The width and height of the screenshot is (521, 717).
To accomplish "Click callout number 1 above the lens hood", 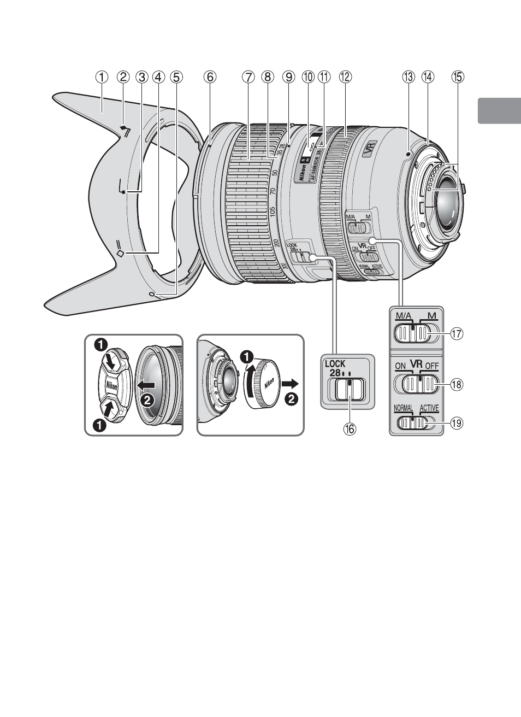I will [102, 78].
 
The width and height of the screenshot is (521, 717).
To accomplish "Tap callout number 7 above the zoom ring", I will [248, 78].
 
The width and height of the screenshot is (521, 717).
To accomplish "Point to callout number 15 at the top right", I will [457, 78].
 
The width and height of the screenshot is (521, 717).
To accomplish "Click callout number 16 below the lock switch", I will [349, 429].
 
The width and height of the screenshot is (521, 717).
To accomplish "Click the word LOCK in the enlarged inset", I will [336, 363].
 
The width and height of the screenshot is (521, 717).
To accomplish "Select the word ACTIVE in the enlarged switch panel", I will [429, 408].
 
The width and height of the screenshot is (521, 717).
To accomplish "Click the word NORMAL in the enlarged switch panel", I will [403, 408].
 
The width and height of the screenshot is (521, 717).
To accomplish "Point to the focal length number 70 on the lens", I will [273, 192].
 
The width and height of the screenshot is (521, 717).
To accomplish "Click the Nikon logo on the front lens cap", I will [111, 386].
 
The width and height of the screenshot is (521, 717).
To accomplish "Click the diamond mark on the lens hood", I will [121, 253].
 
